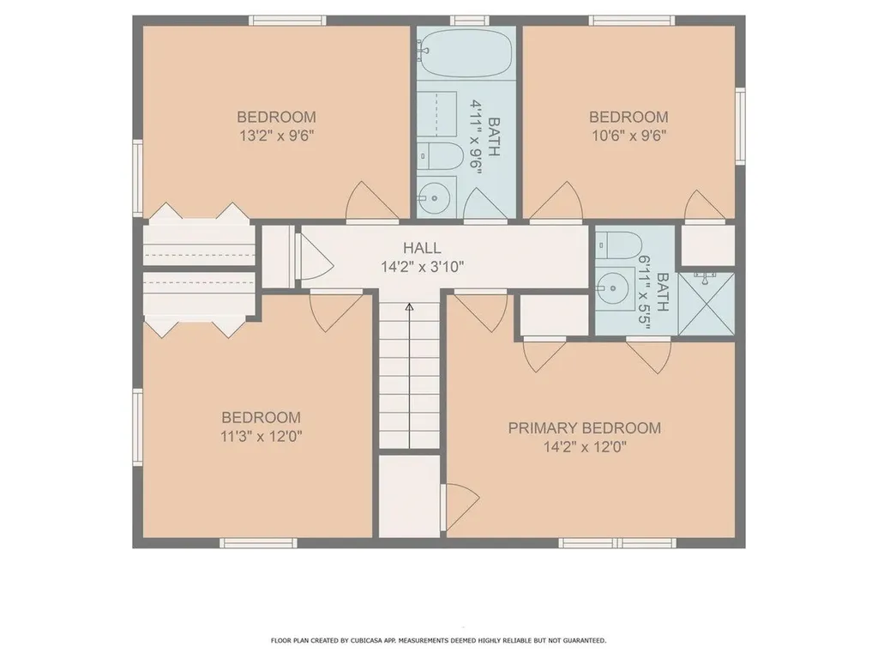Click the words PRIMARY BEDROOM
click(585, 427)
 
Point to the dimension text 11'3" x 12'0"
click(262, 436)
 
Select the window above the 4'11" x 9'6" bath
click(466, 20)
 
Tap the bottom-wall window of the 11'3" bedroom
click(258, 542)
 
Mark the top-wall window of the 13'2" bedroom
click(287, 20)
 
